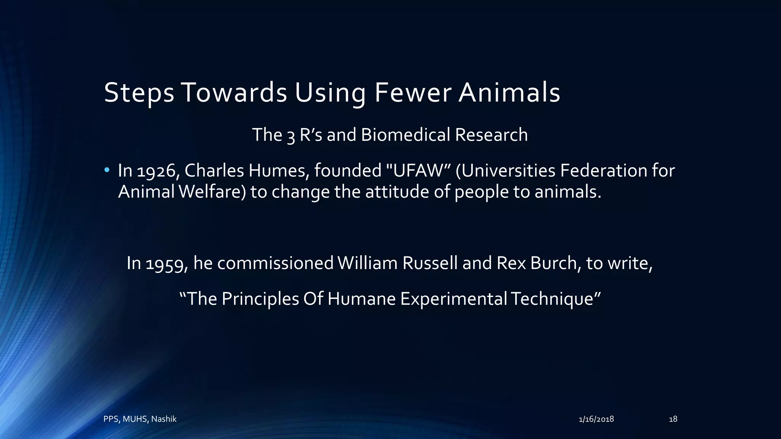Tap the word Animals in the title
tap(509, 93)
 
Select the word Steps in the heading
tap(139, 93)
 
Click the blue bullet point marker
tap(107, 170)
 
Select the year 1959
tap(167, 264)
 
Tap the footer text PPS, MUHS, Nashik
tap(140, 419)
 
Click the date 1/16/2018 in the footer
tap(596, 419)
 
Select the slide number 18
tap(673, 419)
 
